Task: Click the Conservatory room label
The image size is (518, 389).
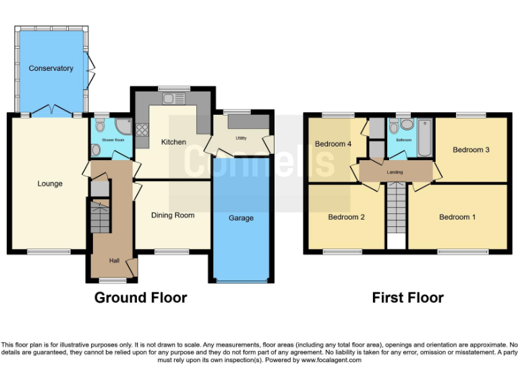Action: tap(51, 68)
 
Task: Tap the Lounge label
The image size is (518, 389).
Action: tap(50, 184)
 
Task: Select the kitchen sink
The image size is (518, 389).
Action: tap(174, 99)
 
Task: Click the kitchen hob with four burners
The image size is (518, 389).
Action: tap(142, 128)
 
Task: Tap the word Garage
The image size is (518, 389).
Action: tap(241, 218)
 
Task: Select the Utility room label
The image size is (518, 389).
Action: tap(241, 138)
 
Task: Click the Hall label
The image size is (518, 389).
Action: tap(115, 260)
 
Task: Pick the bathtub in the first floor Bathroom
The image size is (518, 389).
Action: tap(424, 136)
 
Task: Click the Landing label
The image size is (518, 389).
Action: tap(395, 172)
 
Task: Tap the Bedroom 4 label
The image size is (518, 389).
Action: tap(333, 144)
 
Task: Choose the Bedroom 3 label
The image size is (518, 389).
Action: tap(471, 150)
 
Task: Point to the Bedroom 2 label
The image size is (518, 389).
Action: tap(346, 217)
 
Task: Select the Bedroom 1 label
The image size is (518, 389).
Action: tap(457, 217)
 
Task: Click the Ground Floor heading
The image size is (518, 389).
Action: tap(140, 298)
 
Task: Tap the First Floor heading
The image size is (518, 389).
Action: tap(407, 298)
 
